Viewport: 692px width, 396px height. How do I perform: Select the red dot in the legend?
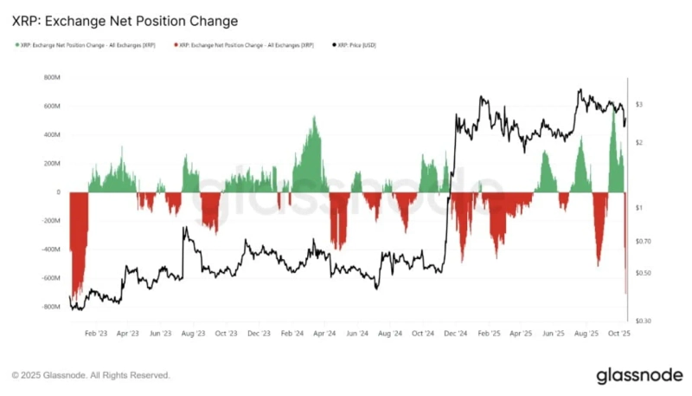point(176,43)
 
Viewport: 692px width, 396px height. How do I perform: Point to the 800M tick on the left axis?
point(51,77)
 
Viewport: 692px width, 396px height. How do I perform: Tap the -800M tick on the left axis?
point(50,307)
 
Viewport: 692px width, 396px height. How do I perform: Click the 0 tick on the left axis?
point(57,192)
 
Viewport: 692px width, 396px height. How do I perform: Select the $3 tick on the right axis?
point(638,104)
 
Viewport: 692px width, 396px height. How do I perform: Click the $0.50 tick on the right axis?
point(644,273)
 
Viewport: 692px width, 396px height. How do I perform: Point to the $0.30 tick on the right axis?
point(644,321)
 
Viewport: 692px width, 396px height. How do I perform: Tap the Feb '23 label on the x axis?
point(96,332)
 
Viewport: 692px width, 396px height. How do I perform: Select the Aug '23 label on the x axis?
point(194,332)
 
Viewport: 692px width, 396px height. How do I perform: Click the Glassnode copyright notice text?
point(91,375)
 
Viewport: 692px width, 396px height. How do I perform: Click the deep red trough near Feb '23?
point(76,290)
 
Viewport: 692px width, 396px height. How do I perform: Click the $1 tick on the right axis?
point(638,208)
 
